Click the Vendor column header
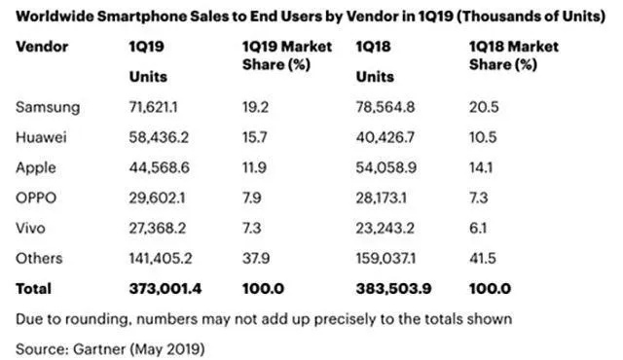point(41,47)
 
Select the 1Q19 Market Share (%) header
point(286,55)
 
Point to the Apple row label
point(37,168)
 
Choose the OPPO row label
point(37,197)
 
